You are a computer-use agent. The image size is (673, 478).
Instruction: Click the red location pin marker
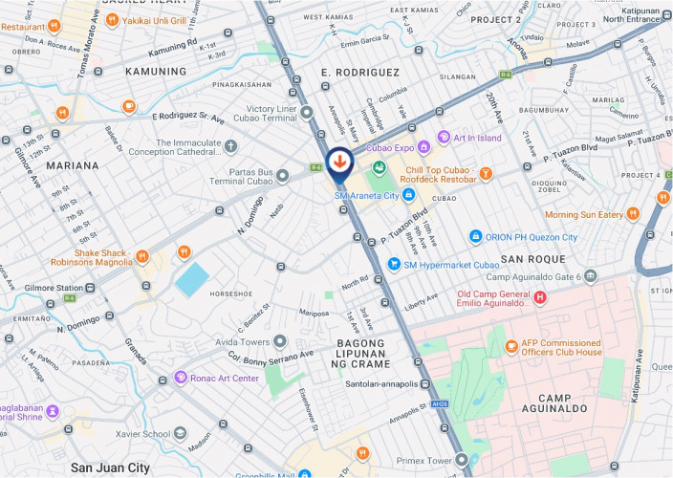coord(337,162)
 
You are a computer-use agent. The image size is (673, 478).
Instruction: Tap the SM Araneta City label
coord(365,195)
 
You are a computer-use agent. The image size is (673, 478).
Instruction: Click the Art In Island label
coord(477,138)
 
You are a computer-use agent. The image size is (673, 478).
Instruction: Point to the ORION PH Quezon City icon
coord(475,237)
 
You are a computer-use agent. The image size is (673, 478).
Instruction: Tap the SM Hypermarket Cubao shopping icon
coord(393,264)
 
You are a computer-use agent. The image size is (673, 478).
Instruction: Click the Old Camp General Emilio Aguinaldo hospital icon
coord(540,298)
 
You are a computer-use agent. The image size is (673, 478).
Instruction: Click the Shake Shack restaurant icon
coord(141,255)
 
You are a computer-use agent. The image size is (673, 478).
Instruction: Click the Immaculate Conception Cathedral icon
coord(230,146)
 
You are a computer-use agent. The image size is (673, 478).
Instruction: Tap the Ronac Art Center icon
coord(181,378)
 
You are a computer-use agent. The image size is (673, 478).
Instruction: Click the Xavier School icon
coord(179,433)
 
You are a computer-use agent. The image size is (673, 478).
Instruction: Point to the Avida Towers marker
coord(279,341)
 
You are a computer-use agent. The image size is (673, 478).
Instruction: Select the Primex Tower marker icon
coord(462,460)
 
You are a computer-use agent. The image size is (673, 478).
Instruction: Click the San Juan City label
coord(110,467)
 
